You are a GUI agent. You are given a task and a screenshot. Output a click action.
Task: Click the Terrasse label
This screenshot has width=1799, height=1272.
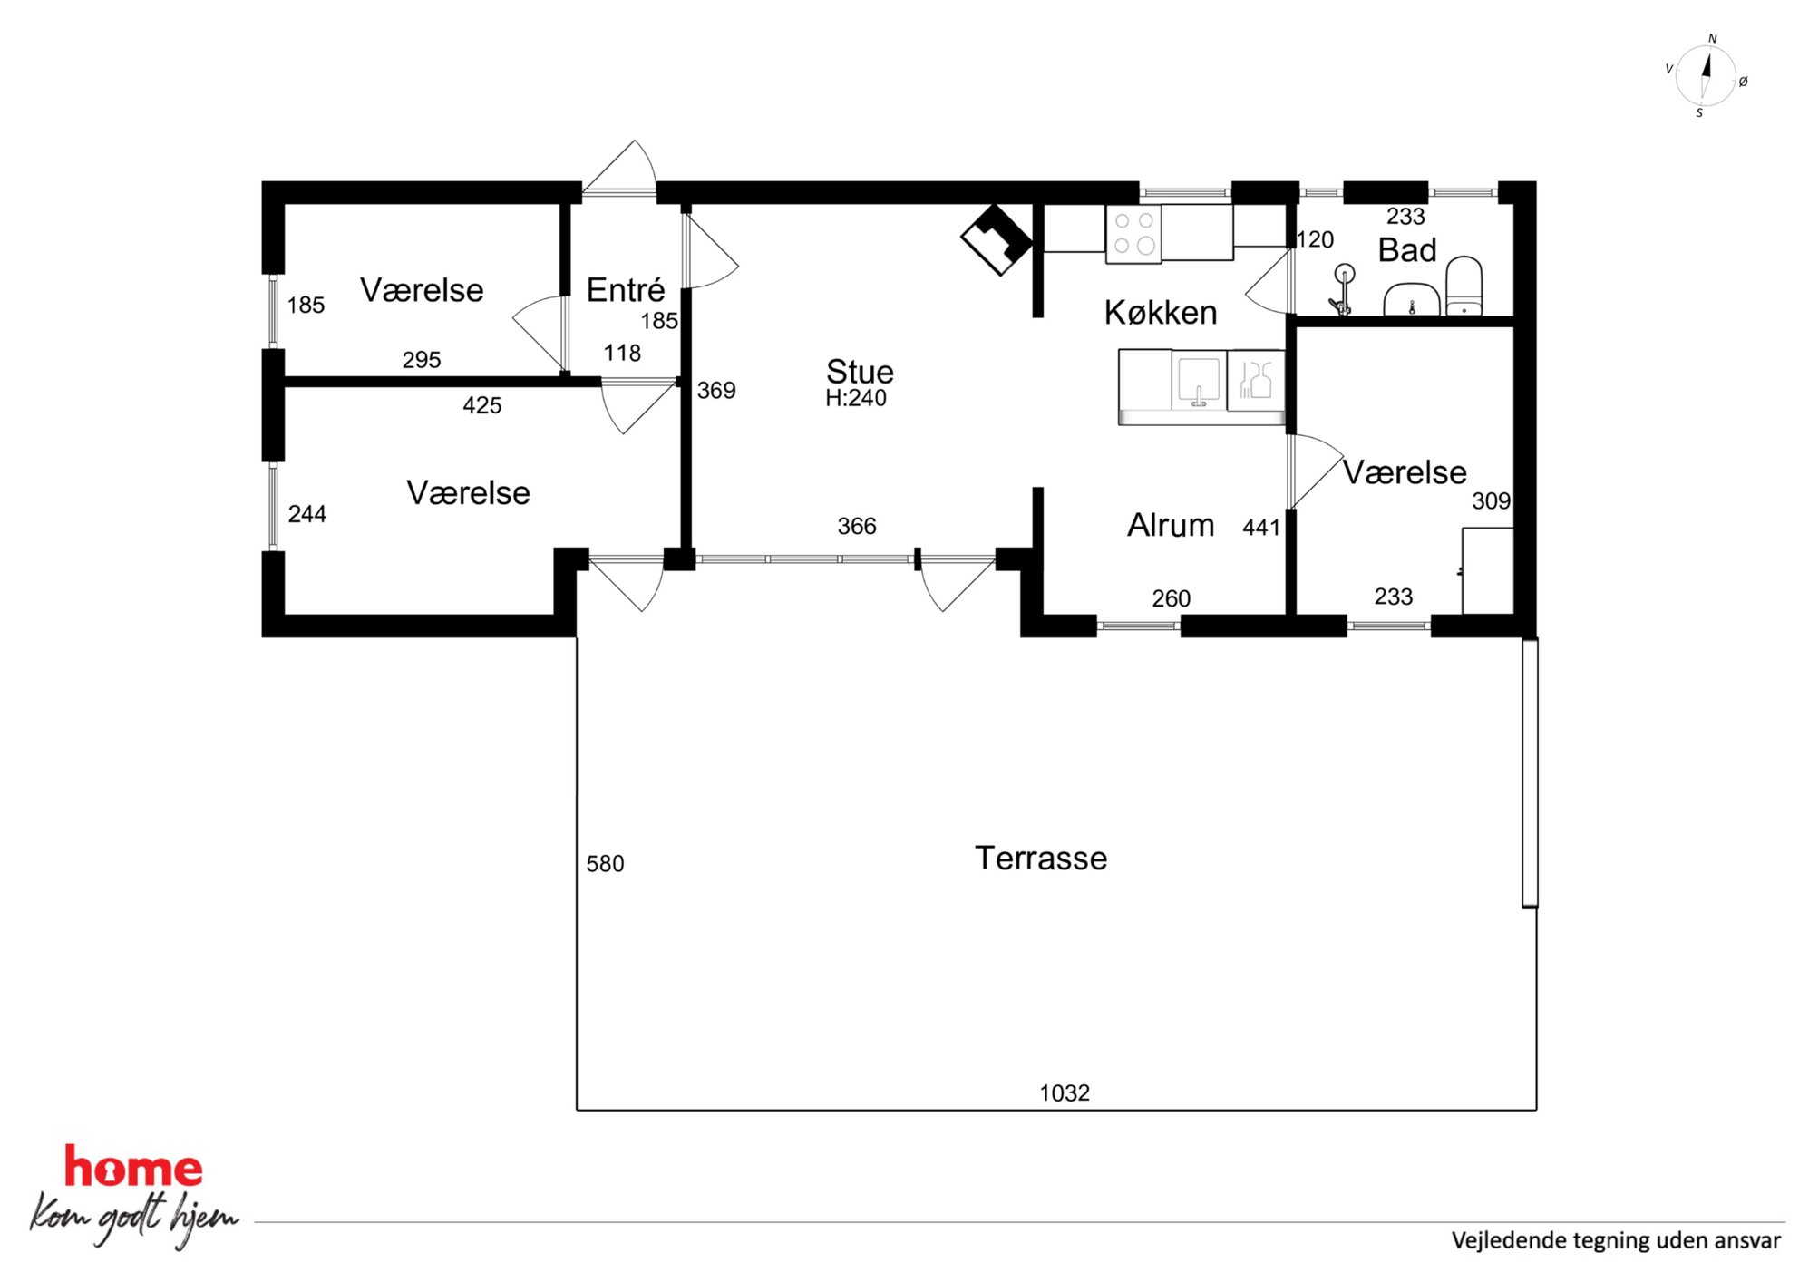1041,858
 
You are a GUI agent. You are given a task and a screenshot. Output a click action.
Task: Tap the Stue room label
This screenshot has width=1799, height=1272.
860,372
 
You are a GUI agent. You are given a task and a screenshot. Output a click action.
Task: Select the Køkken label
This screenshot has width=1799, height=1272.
1161,313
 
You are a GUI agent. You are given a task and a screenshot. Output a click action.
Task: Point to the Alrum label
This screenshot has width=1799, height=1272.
1171,525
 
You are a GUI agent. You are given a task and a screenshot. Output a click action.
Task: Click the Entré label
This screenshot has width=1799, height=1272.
626,289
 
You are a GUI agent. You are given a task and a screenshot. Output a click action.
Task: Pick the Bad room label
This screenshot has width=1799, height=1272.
1407,250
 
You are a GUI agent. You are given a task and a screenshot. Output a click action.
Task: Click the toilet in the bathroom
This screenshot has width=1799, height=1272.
1464,286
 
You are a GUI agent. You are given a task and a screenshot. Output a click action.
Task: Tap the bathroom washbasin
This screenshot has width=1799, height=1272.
1412,299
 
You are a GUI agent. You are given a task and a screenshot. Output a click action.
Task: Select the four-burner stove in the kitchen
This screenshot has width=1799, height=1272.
1133,234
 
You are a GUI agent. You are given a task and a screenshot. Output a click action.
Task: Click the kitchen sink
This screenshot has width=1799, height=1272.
1199,381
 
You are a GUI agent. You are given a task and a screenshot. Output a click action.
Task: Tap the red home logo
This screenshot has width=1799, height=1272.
133,1168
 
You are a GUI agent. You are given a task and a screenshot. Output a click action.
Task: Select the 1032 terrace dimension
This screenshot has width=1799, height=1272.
1065,1092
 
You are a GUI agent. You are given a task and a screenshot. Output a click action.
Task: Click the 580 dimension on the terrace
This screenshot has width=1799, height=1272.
605,863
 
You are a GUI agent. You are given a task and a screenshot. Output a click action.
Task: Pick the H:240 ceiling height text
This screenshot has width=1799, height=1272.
856,398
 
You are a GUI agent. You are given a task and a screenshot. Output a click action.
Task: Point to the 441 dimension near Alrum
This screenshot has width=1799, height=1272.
1261,527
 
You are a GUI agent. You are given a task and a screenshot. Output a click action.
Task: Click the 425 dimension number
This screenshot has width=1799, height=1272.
481,405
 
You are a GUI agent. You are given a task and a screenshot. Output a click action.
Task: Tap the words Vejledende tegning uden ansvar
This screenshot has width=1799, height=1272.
1616,1240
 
